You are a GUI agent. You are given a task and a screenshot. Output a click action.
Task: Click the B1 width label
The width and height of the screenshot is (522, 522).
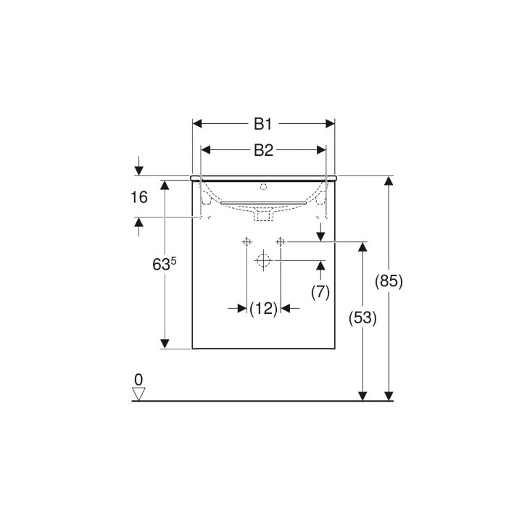263,124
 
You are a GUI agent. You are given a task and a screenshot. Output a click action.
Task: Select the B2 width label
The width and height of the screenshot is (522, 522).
263,150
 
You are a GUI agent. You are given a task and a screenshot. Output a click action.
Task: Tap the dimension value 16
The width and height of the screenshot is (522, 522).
140,197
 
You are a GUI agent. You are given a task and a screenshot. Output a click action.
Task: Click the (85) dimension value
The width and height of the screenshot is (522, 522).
390,281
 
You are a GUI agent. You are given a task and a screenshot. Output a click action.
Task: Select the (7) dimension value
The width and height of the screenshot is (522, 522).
320,291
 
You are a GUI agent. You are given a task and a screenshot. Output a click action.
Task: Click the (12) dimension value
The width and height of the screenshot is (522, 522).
264,309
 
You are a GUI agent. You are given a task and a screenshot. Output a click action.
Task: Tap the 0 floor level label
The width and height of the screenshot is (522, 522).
138,379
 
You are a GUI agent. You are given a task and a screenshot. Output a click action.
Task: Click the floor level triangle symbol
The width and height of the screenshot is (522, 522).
138,394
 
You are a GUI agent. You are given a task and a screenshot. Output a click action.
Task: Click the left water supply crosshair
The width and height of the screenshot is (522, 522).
246,241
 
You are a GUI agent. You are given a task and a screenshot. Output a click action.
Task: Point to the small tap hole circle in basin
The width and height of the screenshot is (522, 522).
264,186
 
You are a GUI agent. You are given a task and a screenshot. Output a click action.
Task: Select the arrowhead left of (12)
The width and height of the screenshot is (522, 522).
241,309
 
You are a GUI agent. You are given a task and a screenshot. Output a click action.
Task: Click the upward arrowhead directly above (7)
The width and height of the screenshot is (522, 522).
320,267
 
